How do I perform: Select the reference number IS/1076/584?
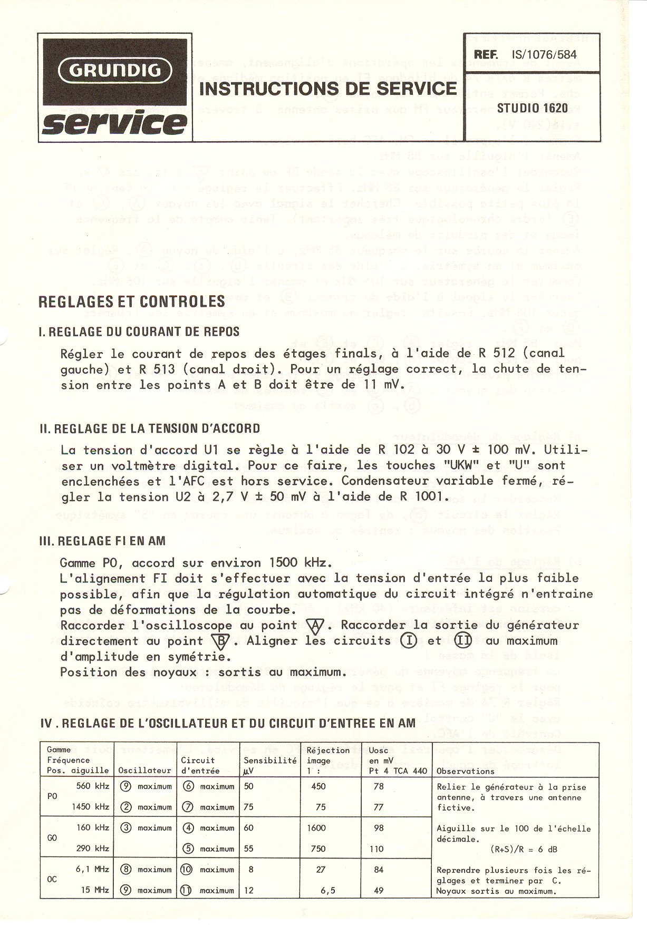(x=540, y=54)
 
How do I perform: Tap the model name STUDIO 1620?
(x=533, y=108)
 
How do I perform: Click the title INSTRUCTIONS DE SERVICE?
(x=327, y=89)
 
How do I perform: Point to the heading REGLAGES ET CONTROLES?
(x=132, y=301)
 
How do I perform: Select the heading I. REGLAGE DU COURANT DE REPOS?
(x=140, y=332)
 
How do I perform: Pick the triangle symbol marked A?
(x=315, y=626)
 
